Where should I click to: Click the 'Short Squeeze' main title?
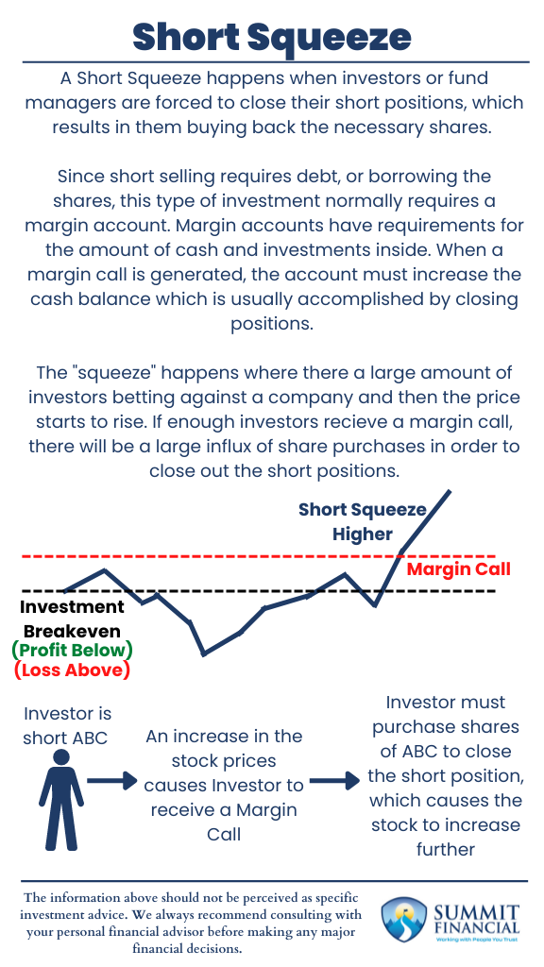tap(271, 37)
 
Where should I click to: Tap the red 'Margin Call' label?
tap(458, 568)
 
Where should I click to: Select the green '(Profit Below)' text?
tap(72, 651)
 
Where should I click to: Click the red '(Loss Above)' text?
tap(72, 671)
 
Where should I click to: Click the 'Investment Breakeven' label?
tap(72, 619)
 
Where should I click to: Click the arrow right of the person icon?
tap(113, 781)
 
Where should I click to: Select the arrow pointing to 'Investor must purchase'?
tap(335, 781)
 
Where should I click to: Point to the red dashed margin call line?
tap(236, 556)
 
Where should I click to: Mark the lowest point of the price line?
tap(204, 653)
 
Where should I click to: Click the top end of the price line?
tap(450, 491)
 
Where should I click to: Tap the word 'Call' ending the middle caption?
tap(224, 834)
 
